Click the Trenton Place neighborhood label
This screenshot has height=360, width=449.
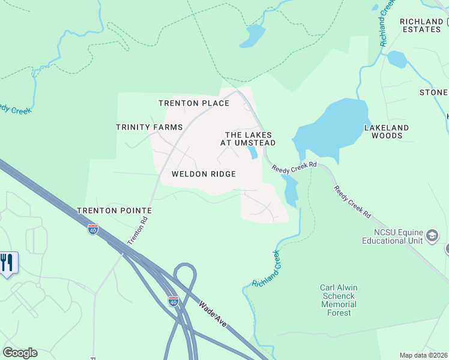(x=193, y=103)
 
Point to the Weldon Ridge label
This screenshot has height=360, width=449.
(x=203, y=174)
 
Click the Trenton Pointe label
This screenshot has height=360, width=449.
(x=114, y=211)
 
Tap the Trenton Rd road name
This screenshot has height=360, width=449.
(x=137, y=230)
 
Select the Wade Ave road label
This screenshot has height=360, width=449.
(x=213, y=313)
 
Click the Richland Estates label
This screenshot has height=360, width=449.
(x=421, y=25)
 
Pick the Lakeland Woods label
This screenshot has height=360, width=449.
(x=387, y=131)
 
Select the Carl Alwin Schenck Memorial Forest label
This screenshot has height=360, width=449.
(x=339, y=296)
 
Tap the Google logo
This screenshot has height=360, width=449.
(x=20, y=353)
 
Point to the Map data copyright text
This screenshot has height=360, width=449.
(x=423, y=355)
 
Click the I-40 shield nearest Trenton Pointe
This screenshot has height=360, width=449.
(x=92, y=229)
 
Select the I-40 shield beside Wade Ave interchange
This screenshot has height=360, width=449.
(x=173, y=301)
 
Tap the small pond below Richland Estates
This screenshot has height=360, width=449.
(x=397, y=59)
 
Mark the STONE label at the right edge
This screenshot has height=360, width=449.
(x=433, y=92)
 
